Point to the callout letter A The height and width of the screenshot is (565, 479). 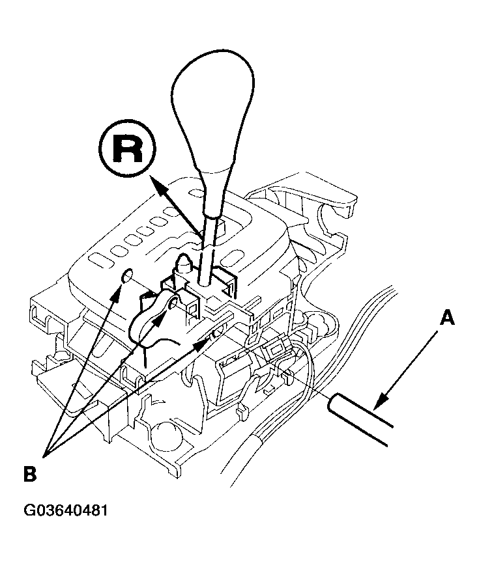pyautogui.click(x=446, y=318)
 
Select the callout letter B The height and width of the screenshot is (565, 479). pyautogui.click(x=29, y=473)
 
